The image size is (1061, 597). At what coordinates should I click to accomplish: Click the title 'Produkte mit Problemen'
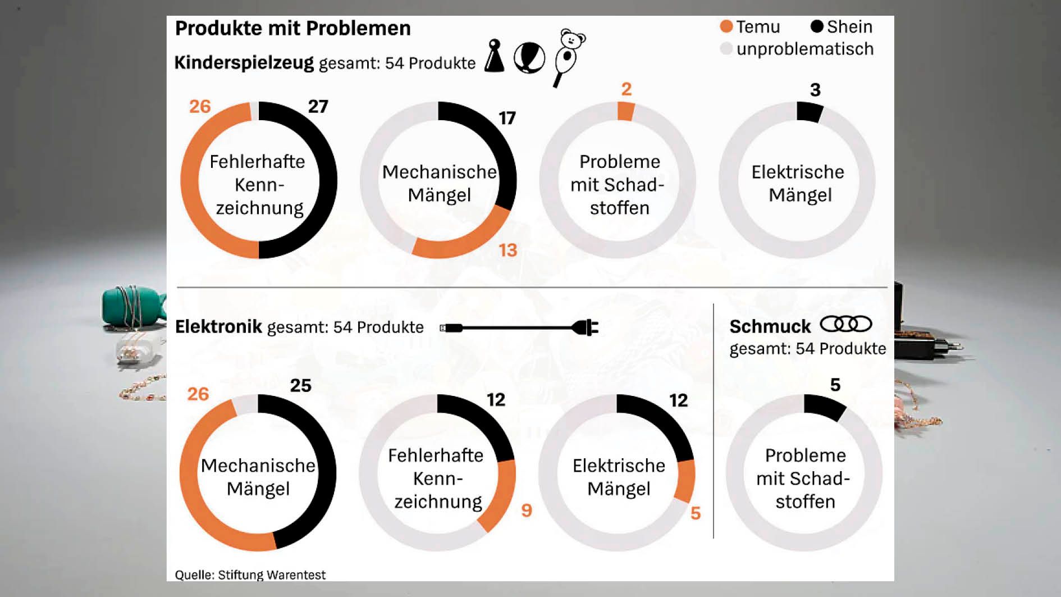[x=292, y=28]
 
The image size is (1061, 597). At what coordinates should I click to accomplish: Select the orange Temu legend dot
[x=726, y=26]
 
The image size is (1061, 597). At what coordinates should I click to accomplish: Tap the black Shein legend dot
[x=817, y=26]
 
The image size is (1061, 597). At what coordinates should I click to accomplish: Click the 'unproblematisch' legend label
[x=804, y=49]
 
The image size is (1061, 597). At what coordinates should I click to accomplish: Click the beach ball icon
[x=529, y=58]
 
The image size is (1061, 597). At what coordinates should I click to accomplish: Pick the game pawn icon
[x=494, y=56]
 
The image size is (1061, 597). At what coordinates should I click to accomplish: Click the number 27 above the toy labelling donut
[x=318, y=106]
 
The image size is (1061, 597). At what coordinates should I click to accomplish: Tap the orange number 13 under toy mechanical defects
[x=507, y=250]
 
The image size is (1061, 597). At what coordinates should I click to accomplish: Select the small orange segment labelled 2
[x=626, y=111]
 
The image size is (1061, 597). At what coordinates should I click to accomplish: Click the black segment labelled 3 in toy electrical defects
[x=809, y=112]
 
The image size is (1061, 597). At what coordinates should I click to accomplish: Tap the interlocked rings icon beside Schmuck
[x=845, y=325]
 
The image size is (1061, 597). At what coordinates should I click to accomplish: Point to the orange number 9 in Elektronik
[x=526, y=510]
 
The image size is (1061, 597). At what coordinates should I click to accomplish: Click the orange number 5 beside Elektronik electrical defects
[x=695, y=513]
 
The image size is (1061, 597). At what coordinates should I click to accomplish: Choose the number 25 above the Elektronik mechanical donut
[x=300, y=385]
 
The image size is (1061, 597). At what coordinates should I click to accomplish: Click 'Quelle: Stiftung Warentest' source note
[x=250, y=575]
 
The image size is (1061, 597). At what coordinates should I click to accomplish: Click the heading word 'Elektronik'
[x=218, y=326]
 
